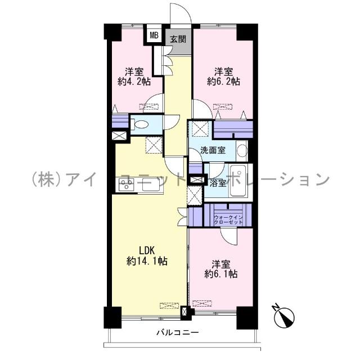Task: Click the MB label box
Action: (153, 36)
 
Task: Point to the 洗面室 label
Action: (214, 150)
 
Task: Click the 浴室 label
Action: (218, 183)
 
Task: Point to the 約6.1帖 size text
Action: (221, 274)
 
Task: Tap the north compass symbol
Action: (285, 316)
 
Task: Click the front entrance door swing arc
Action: (183, 14)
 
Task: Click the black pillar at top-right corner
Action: (245, 32)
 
